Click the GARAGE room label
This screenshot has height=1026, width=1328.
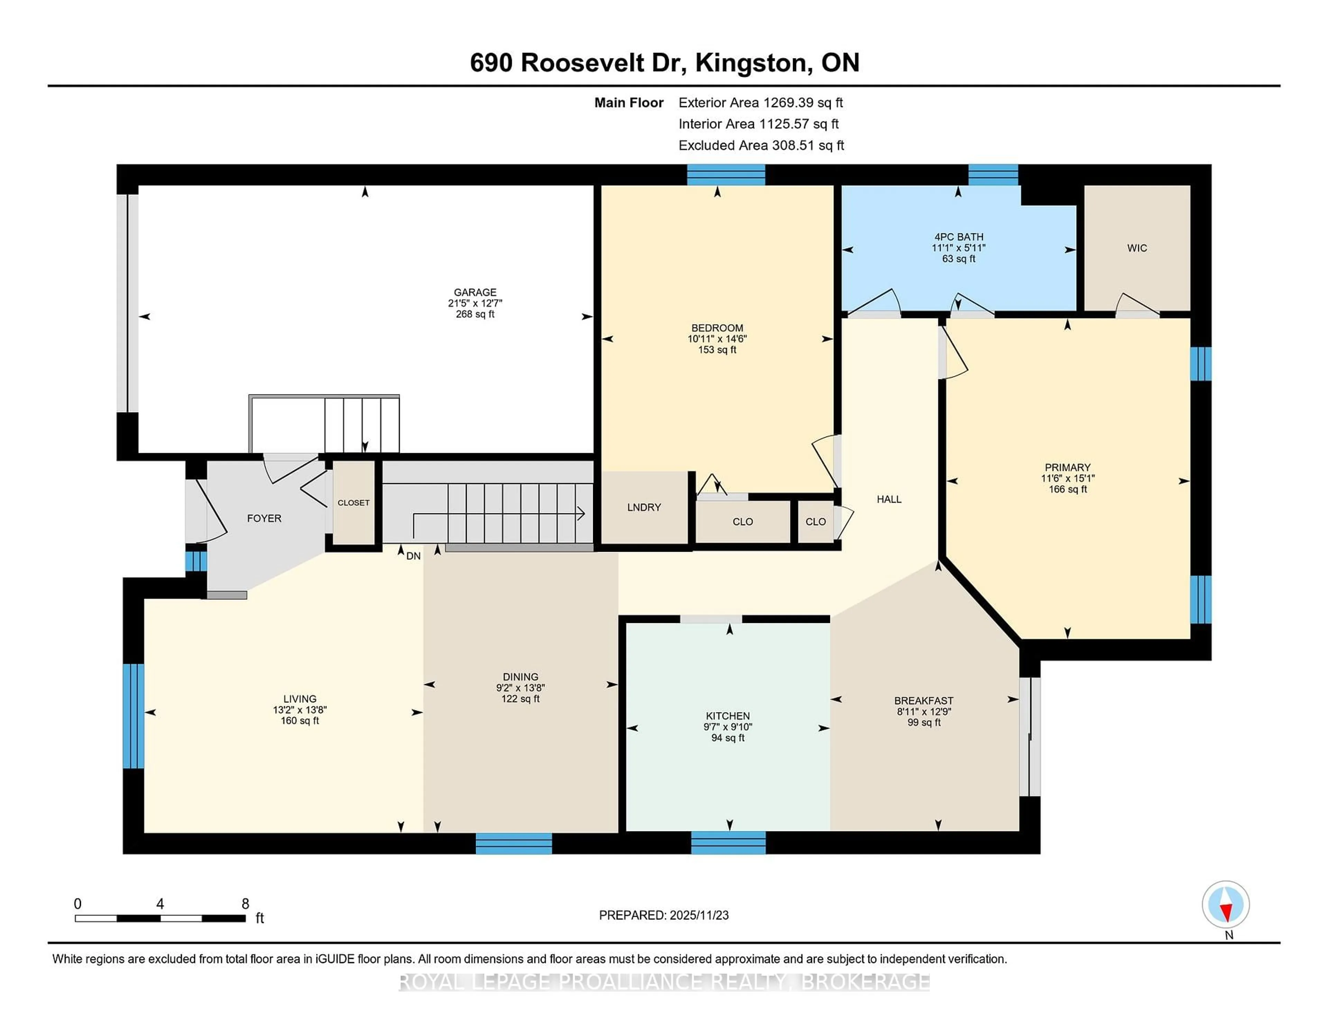[475, 292]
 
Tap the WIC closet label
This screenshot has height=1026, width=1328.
[1136, 248]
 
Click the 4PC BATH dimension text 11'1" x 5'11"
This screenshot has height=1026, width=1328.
[958, 248]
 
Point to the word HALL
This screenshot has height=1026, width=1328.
[888, 499]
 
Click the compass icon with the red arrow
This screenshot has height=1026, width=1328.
[1225, 904]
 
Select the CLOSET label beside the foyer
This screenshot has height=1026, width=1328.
[353, 503]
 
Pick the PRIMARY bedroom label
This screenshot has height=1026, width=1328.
[1067, 467]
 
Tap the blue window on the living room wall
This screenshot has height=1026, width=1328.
[133, 716]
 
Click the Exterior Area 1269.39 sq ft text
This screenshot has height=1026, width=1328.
[761, 103]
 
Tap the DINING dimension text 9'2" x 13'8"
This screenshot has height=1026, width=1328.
[520, 688]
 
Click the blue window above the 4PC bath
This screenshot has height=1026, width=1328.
[993, 175]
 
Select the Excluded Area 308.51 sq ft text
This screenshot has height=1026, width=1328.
[761, 145]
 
